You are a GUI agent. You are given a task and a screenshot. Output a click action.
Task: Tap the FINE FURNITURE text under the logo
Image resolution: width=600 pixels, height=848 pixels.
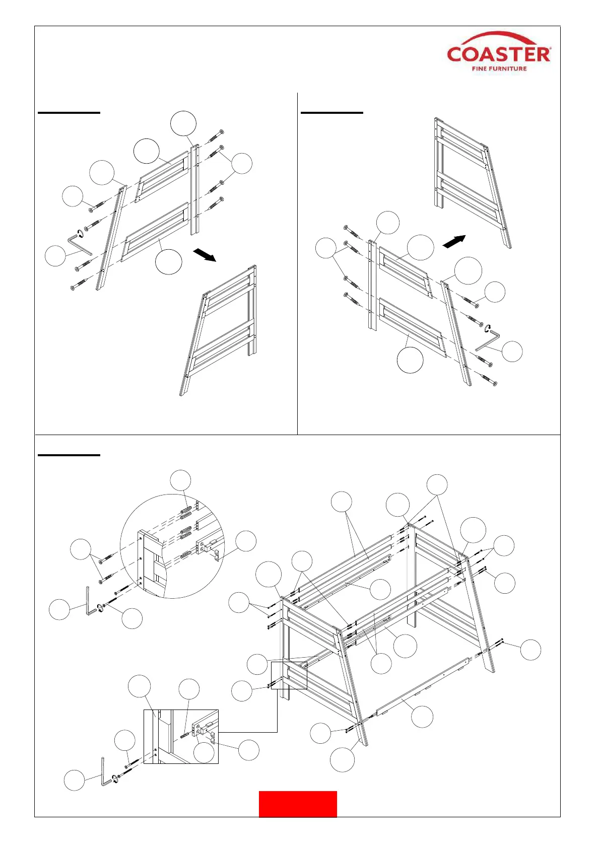(499, 68)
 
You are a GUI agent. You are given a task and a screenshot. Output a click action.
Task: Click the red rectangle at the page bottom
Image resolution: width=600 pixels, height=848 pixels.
(298, 804)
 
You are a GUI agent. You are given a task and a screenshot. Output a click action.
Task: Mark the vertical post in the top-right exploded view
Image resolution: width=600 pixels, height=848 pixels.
(372, 285)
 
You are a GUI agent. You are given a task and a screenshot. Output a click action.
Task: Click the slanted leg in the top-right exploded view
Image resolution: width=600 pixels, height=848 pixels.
(457, 332)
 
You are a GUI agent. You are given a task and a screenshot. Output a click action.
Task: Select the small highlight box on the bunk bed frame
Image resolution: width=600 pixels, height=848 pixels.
(289, 675)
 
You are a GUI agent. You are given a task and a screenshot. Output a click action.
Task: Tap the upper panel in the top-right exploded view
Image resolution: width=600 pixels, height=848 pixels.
(406, 272)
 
